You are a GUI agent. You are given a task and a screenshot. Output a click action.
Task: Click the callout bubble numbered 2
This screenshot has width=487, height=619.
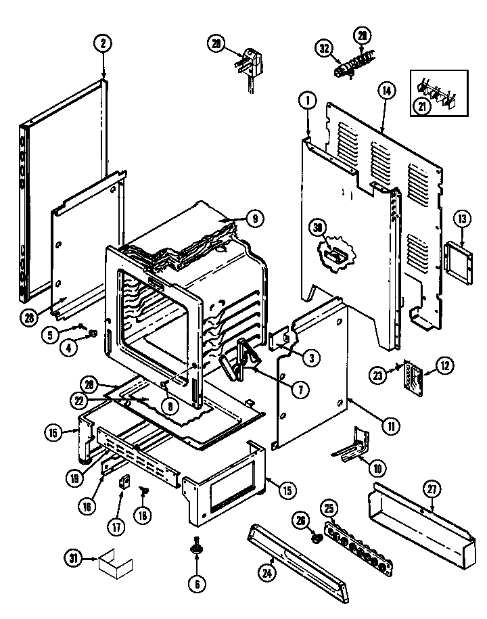102,45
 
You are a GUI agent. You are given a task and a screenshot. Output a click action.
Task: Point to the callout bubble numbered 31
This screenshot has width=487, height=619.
73,559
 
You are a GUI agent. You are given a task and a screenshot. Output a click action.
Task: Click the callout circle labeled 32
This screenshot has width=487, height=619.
324,47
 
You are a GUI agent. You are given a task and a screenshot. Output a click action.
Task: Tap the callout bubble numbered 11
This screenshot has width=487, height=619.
390,426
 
